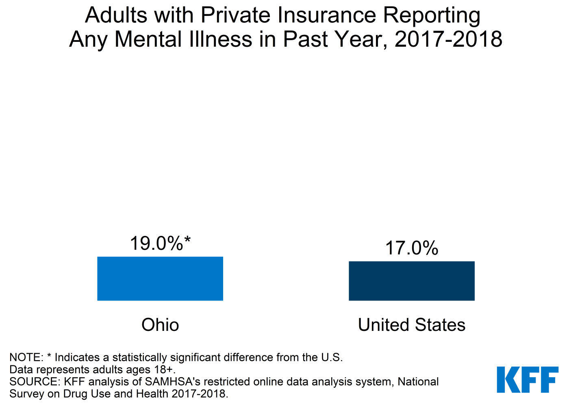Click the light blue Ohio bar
click(160, 279)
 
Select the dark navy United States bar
click(411, 281)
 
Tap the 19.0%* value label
click(160, 244)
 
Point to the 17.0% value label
click(411, 248)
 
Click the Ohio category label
click(160, 325)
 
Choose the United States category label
click(411, 325)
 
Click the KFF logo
click(528, 380)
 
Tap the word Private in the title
click(236, 15)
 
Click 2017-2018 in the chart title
click(448, 39)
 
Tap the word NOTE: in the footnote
click(26, 357)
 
